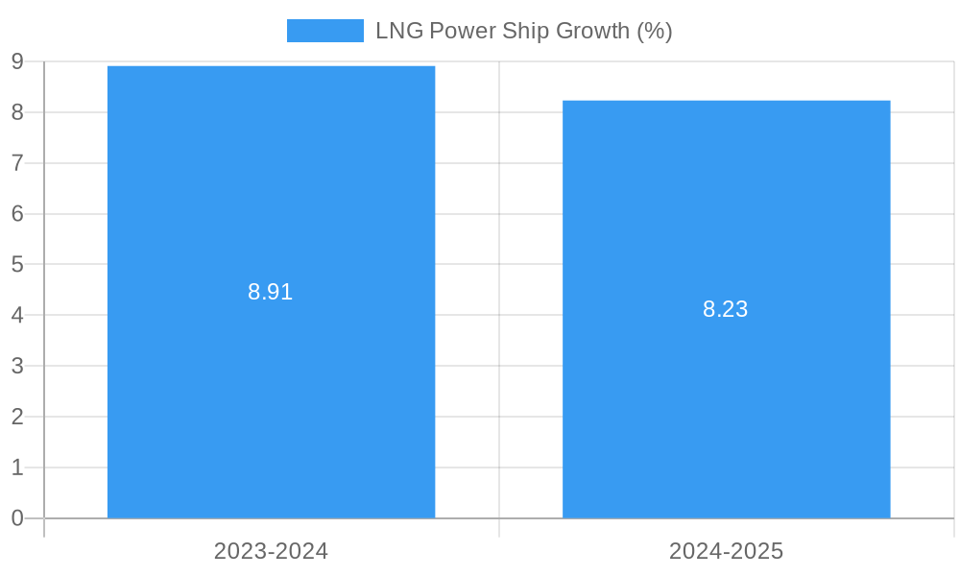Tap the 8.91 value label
(271, 292)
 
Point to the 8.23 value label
(726, 309)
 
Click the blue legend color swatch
(324, 31)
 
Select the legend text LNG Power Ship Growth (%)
(523, 31)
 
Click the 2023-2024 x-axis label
(271, 551)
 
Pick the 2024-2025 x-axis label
(726, 551)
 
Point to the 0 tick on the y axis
(17, 518)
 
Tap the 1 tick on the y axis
(17, 468)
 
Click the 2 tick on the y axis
(17, 417)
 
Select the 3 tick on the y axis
(17, 366)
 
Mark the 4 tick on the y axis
(17, 315)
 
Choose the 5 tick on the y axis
(17, 264)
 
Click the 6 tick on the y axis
(17, 214)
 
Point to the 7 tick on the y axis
(17, 163)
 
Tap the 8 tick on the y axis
(17, 112)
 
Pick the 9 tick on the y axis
(17, 61)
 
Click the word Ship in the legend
(524, 31)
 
